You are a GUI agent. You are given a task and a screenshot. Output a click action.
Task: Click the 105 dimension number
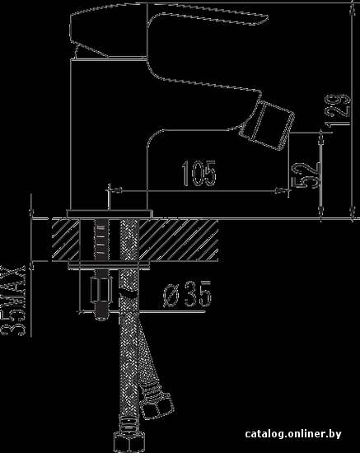[199, 173]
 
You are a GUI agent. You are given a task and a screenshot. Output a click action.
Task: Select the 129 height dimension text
[338, 110]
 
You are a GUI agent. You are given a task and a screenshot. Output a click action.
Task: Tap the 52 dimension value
[306, 175]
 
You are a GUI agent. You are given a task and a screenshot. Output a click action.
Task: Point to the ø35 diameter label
[187, 293]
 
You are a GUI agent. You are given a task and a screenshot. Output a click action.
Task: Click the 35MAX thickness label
[13, 301]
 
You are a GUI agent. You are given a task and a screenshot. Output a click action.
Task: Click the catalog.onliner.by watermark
[293, 433]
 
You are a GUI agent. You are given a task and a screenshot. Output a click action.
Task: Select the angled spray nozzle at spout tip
[267, 125]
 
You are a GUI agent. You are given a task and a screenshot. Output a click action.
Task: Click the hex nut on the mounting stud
[101, 290]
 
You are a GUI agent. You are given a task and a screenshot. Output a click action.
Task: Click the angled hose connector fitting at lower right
[157, 402]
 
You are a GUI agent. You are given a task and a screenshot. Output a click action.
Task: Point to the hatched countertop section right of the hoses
[179, 240]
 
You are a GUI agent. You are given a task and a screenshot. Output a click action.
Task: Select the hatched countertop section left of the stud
[65, 240]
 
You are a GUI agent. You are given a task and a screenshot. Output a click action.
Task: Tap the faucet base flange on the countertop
[110, 214]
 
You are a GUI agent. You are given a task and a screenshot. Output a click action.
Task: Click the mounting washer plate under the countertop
[110, 265]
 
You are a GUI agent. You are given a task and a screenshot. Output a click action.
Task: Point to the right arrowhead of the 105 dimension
[282, 190]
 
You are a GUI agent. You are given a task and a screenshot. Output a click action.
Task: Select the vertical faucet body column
[110, 134]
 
